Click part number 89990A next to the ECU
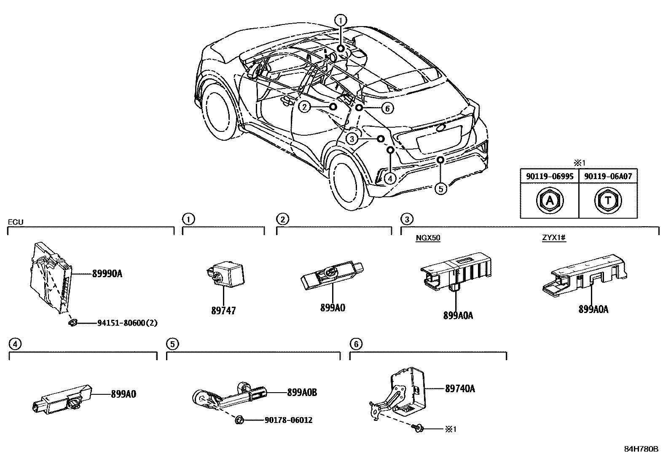click(x=107, y=274)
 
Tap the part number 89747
click(x=223, y=311)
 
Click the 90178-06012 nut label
click(x=289, y=420)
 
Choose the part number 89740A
click(x=460, y=388)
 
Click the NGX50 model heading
click(x=428, y=238)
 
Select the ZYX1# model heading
click(x=554, y=238)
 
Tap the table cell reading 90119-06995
click(x=550, y=177)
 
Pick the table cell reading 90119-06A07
click(x=608, y=177)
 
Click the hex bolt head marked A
click(x=550, y=201)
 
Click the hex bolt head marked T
click(x=608, y=201)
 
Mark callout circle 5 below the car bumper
click(x=440, y=189)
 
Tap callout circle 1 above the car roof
click(x=341, y=20)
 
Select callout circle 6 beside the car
click(x=387, y=108)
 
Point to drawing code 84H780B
click(x=641, y=449)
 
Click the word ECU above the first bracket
click(x=16, y=222)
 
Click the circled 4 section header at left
click(x=14, y=344)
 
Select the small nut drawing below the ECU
click(x=72, y=323)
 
